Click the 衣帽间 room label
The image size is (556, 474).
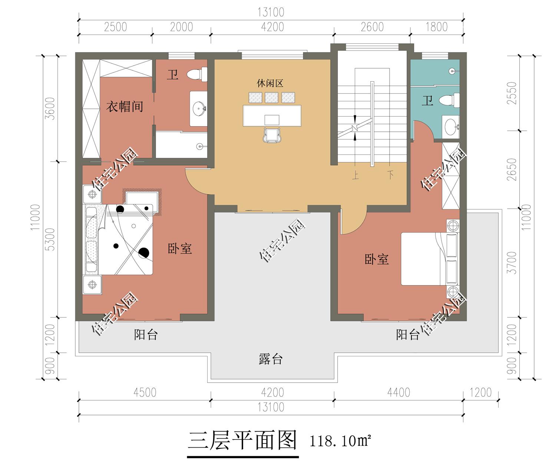tap(125, 107)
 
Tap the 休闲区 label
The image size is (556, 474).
tap(270, 83)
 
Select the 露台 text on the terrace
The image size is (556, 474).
tap(271, 359)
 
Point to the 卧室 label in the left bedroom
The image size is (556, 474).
tap(180, 248)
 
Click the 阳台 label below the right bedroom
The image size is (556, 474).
tap(408, 335)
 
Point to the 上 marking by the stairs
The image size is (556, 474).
tap(355, 175)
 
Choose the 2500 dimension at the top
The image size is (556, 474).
tap(115, 27)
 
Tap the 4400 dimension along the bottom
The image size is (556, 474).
tap(398, 392)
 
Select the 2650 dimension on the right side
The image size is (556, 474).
tap(512, 170)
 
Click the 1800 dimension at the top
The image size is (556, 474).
tap(436, 27)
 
